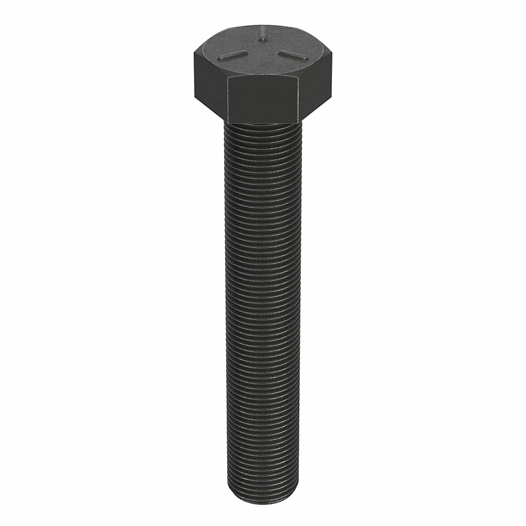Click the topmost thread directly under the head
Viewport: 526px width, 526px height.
[265, 127]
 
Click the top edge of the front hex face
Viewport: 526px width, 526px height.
[264, 76]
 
